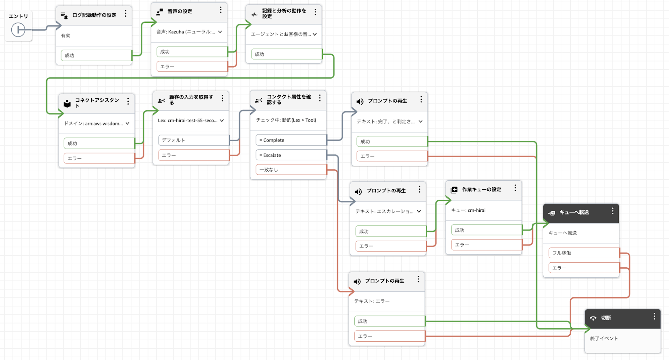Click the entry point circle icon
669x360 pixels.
click(18, 30)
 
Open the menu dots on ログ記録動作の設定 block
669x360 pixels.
click(125, 14)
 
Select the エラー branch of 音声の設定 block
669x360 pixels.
click(192, 67)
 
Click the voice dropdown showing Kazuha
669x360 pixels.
click(189, 32)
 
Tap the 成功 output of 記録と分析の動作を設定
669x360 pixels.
click(286, 54)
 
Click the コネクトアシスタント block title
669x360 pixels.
click(97, 102)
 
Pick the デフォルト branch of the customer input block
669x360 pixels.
click(193, 140)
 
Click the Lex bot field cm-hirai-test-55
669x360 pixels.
click(190, 120)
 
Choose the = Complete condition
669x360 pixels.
click(291, 140)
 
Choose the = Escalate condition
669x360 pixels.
click(291, 155)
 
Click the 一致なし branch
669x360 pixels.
click(291, 170)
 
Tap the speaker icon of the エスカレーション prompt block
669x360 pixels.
click(358, 191)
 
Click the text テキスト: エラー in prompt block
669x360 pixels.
click(372, 301)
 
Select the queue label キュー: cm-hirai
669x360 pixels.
click(468, 210)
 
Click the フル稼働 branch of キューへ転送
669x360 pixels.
click(583, 253)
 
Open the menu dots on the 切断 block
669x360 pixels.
click(654, 317)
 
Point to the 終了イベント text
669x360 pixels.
click(604, 338)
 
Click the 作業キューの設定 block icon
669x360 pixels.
click(454, 190)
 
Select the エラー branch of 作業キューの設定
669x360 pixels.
click(486, 245)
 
